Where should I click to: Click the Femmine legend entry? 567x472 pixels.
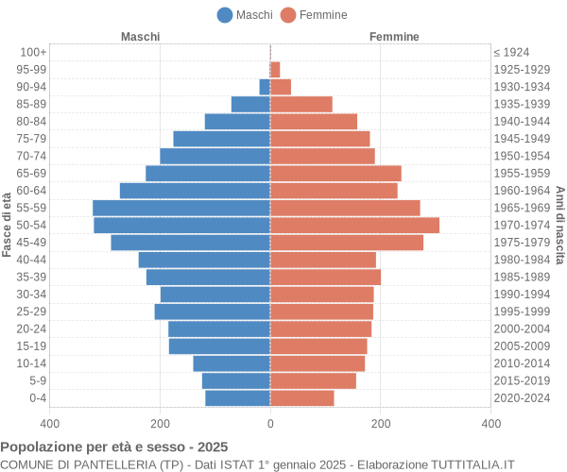[x=314, y=14]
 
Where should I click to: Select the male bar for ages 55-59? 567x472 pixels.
[x=181, y=208]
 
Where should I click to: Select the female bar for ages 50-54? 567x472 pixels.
[x=354, y=225]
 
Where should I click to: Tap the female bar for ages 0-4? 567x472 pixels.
[x=302, y=398]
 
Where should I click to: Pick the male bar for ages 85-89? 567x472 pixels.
[x=250, y=104]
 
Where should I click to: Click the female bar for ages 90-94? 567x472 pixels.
[x=281, y=87]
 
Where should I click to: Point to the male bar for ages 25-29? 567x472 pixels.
[x=213, y=312]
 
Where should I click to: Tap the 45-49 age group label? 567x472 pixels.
[x=31, y=243]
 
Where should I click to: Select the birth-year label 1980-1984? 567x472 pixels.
[x=522, y=260]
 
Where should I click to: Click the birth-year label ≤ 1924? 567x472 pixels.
[x=511, y=52]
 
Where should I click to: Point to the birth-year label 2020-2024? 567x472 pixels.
[x=522, y=398]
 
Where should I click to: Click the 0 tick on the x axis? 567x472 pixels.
[x=270, y=425]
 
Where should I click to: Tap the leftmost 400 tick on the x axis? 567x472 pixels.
[x=49, y=425]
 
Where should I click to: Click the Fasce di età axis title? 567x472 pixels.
[x=8, y=225]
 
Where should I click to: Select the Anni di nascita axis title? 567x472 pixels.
[x=559, y=225]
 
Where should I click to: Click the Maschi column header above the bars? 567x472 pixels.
[x=140, y=36]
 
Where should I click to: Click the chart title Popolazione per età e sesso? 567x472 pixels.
[x=113, y=447]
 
